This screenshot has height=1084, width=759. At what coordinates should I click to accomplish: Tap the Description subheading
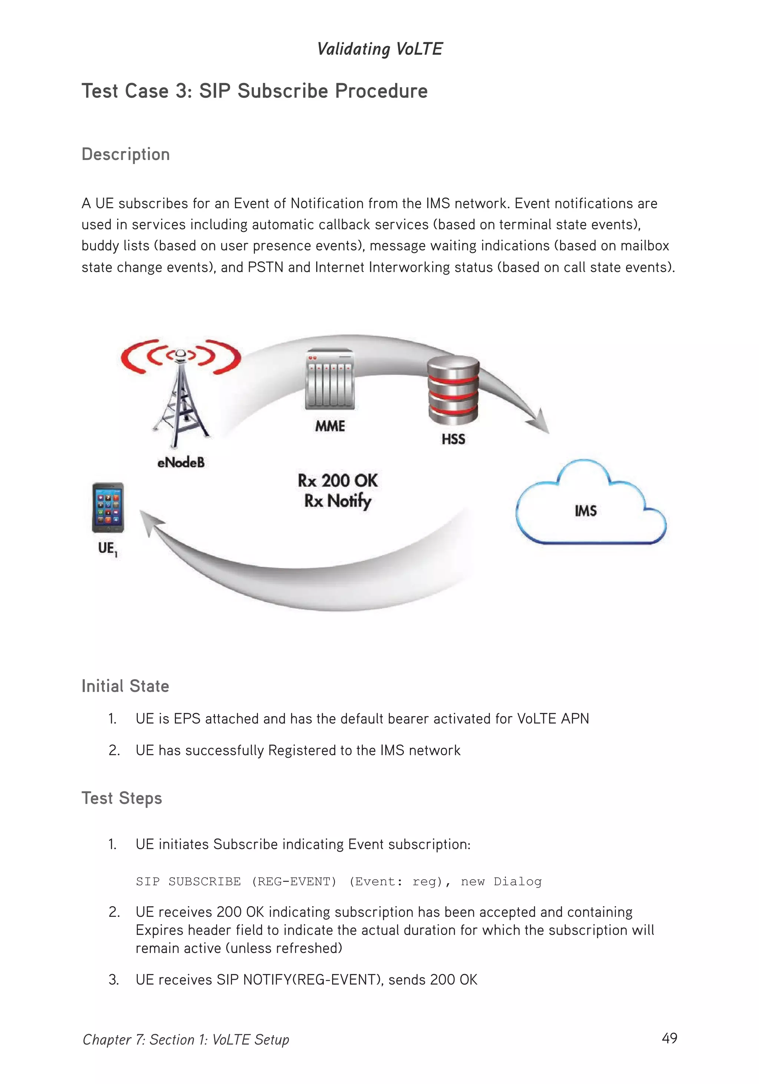click(x=126, y=154)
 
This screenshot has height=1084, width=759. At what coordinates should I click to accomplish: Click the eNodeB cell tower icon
click(x=180, y=396)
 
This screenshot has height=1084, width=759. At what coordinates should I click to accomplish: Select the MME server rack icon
click(x=330, y=379)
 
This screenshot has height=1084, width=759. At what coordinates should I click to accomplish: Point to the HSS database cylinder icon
click(x=453, y=390)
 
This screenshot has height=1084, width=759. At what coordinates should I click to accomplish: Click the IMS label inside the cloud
click(x=585, y=511)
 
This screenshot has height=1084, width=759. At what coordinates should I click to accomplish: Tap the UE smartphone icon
click(x=108, y=508)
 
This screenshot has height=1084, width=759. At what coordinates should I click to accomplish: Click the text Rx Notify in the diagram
click(x=337, y=501)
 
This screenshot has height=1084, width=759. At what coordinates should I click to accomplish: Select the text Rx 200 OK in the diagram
click(x=337, y=481)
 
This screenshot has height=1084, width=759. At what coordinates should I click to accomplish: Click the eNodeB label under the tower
click(x=181, y=463)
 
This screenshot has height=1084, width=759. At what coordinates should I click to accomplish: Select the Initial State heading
click(x=125, y=686)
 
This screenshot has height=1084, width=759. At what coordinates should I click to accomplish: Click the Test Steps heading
click(x=122, y=798)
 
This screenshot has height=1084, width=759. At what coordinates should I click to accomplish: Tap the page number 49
click(x=669, y=1038)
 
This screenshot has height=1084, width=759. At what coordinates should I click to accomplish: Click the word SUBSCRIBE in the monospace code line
click(x=205, y=881)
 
